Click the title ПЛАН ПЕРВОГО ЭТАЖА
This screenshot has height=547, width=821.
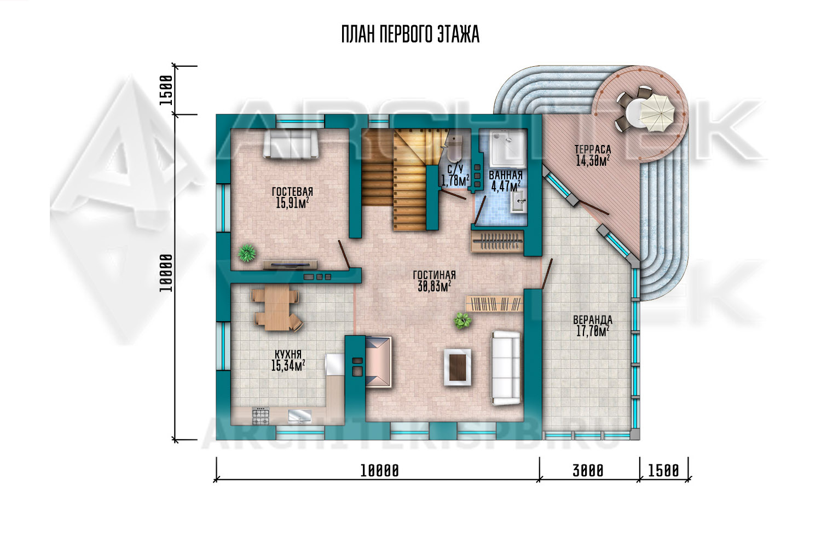point(410,34)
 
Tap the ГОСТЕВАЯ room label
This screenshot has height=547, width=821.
point(292,191)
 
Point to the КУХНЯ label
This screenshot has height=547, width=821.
point(288,354)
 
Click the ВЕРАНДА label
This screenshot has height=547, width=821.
point(593,320)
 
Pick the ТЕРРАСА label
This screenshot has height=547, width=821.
point(593,149)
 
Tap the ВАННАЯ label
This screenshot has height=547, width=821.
point(505,175)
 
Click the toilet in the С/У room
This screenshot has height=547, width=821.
point(454,148)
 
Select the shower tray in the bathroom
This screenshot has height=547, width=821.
point(507,149)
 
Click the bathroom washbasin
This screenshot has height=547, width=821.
point(519,201)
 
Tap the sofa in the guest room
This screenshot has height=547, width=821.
point(291,144)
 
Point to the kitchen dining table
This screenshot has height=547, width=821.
point(277,308)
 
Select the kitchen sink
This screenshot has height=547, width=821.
point(299,416)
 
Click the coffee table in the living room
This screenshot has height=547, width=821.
point(458,367)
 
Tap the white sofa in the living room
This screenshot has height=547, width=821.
point(506,368)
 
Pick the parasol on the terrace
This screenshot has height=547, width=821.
point(657,112)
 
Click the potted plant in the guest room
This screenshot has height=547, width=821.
point(247,252)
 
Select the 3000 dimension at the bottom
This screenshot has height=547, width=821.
point(588,471)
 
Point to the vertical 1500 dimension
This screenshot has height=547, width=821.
point(166,90)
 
